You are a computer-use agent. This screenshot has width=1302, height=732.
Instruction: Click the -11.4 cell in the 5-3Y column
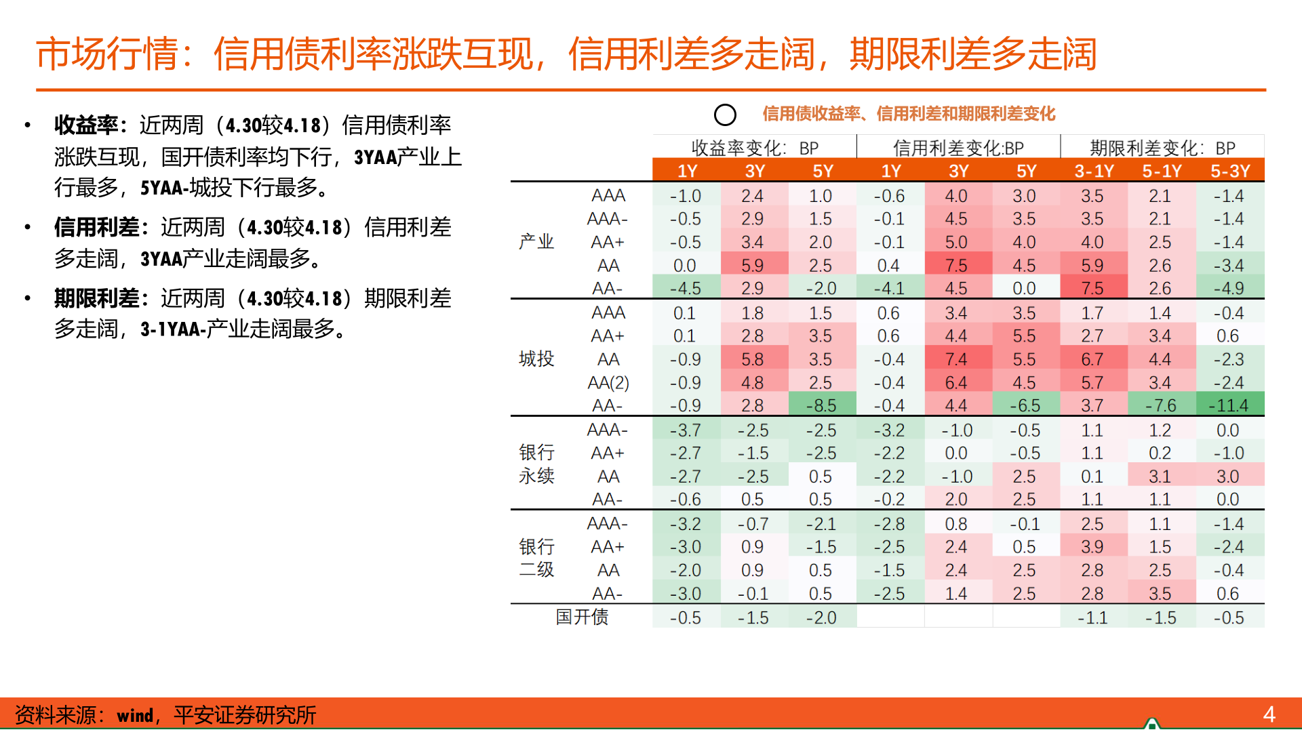click(x=1229, y=405)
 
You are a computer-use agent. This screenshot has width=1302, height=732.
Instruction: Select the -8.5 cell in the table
click(x=821, y=405)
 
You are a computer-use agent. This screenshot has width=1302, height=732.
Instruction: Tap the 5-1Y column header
click(x=1161, y=171)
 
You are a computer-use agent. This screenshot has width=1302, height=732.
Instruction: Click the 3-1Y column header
click(x=1093, y=171)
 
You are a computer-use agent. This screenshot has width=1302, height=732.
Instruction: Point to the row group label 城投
click(x=536, y=359)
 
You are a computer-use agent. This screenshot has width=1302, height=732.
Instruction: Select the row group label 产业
click(x=536, y=241)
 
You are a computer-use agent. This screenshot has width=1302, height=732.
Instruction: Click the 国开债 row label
click(x=582, y=617)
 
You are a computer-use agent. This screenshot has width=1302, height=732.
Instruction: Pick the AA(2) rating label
click(x=608, y=382)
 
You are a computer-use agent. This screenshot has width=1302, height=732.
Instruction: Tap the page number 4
click(x=1269, y=714)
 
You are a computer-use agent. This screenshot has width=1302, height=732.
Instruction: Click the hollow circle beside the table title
click(x=725, y=115)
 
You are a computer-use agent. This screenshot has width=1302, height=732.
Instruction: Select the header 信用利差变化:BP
click(x=958, y=148)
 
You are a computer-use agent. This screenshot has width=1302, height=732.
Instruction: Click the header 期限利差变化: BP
click(x=1162, y=148)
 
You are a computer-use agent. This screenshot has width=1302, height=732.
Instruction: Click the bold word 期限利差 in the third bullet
click(x=96, y=298)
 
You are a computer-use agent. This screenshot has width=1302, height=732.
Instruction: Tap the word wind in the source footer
click(x=135, y=715)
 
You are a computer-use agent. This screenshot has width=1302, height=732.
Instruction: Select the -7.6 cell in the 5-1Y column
click(x=1160, y=405)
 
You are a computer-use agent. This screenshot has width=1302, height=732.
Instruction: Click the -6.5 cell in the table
click(x=1025, y=405)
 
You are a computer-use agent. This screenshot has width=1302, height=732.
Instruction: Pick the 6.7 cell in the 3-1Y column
click(x=1092, y=359)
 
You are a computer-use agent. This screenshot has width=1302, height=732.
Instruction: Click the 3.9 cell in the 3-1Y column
click(x=1092, y=546)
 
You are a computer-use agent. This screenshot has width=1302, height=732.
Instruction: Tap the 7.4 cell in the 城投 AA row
click(x=956, y=359)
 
